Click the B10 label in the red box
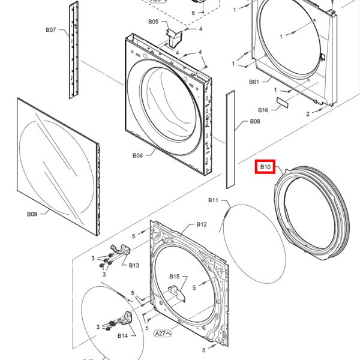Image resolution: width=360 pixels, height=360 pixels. pyautogui.click(x=265, y=166)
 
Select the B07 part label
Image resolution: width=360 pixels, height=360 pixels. pyautogui.click(x=51, y=30)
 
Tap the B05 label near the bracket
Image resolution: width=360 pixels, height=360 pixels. pyautogui.click(x=154, y=22)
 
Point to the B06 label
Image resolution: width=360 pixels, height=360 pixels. pyautogui.click(x=137, y=155)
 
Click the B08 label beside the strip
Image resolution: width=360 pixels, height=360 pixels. pyautogui.click(x=255, y=122)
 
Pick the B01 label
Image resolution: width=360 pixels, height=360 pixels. pyautogui.click(x=254, y=82)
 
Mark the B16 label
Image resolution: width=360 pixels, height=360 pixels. pyautogui.click(x=263, y=110)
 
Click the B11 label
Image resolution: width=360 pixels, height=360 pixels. pyautogui.click(x=214, y=200)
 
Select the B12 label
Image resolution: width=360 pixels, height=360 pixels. pyautogui.click(x=202, y=224)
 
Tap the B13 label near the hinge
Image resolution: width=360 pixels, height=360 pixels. pyautogui.click(x=133, y=265)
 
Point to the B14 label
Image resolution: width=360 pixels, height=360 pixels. pyautogui.click(x=122, y=335)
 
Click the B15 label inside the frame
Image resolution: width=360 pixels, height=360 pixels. pyautogui.click(x=174, y=276)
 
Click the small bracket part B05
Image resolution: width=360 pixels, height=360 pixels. pyautogui.click(x=175, y=38)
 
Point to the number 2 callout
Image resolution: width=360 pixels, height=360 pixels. pyautogui.click(x=308, y=113)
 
